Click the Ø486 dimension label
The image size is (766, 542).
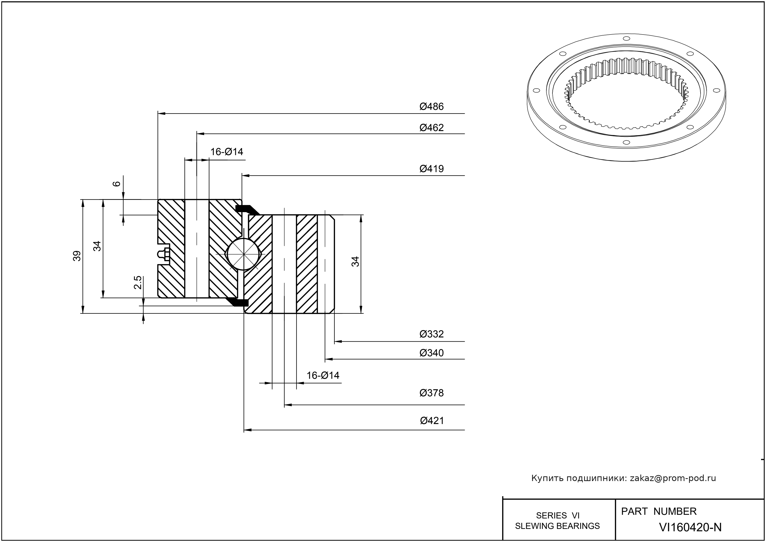point(432,107)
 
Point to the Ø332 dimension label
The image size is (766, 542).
point(432,334)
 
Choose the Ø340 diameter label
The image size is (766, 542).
point(432,353)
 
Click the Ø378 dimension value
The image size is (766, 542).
point(432,393)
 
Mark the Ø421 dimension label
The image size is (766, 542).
point(432,421)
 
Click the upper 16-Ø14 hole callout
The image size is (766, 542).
point(227,152)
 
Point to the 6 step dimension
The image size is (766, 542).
point(116,184)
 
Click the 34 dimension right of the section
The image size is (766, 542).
point(356,261)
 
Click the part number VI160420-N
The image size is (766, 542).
point(690,527)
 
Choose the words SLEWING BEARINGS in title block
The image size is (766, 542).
point(557,526)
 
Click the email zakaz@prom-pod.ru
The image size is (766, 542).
point(673,478)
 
